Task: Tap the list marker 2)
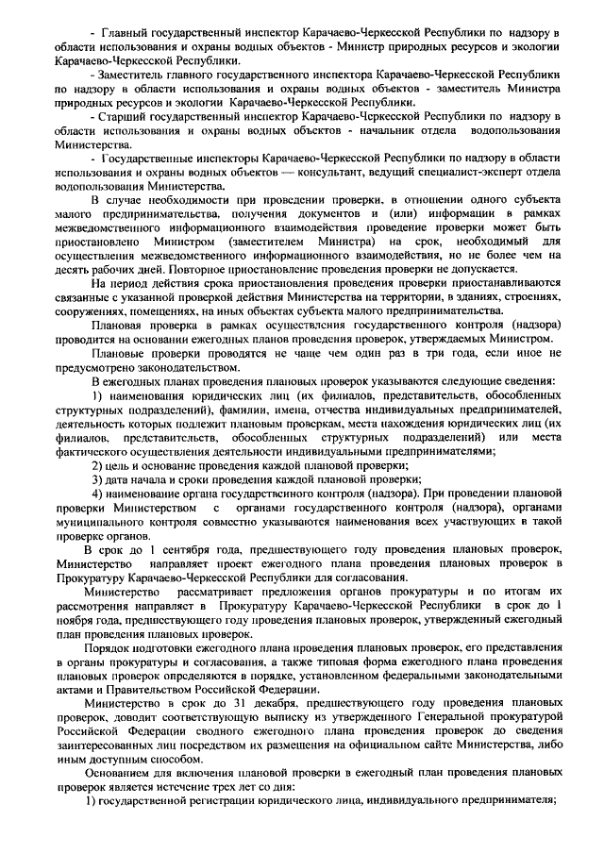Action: (97, 464)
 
